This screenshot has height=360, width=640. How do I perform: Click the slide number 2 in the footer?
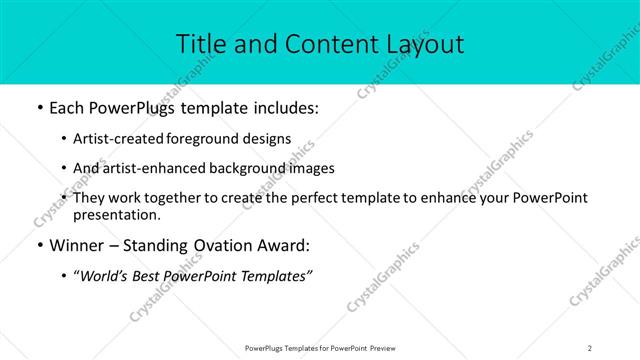(x=590, y=347)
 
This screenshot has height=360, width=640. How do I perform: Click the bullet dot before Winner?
(x=38, y=246)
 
